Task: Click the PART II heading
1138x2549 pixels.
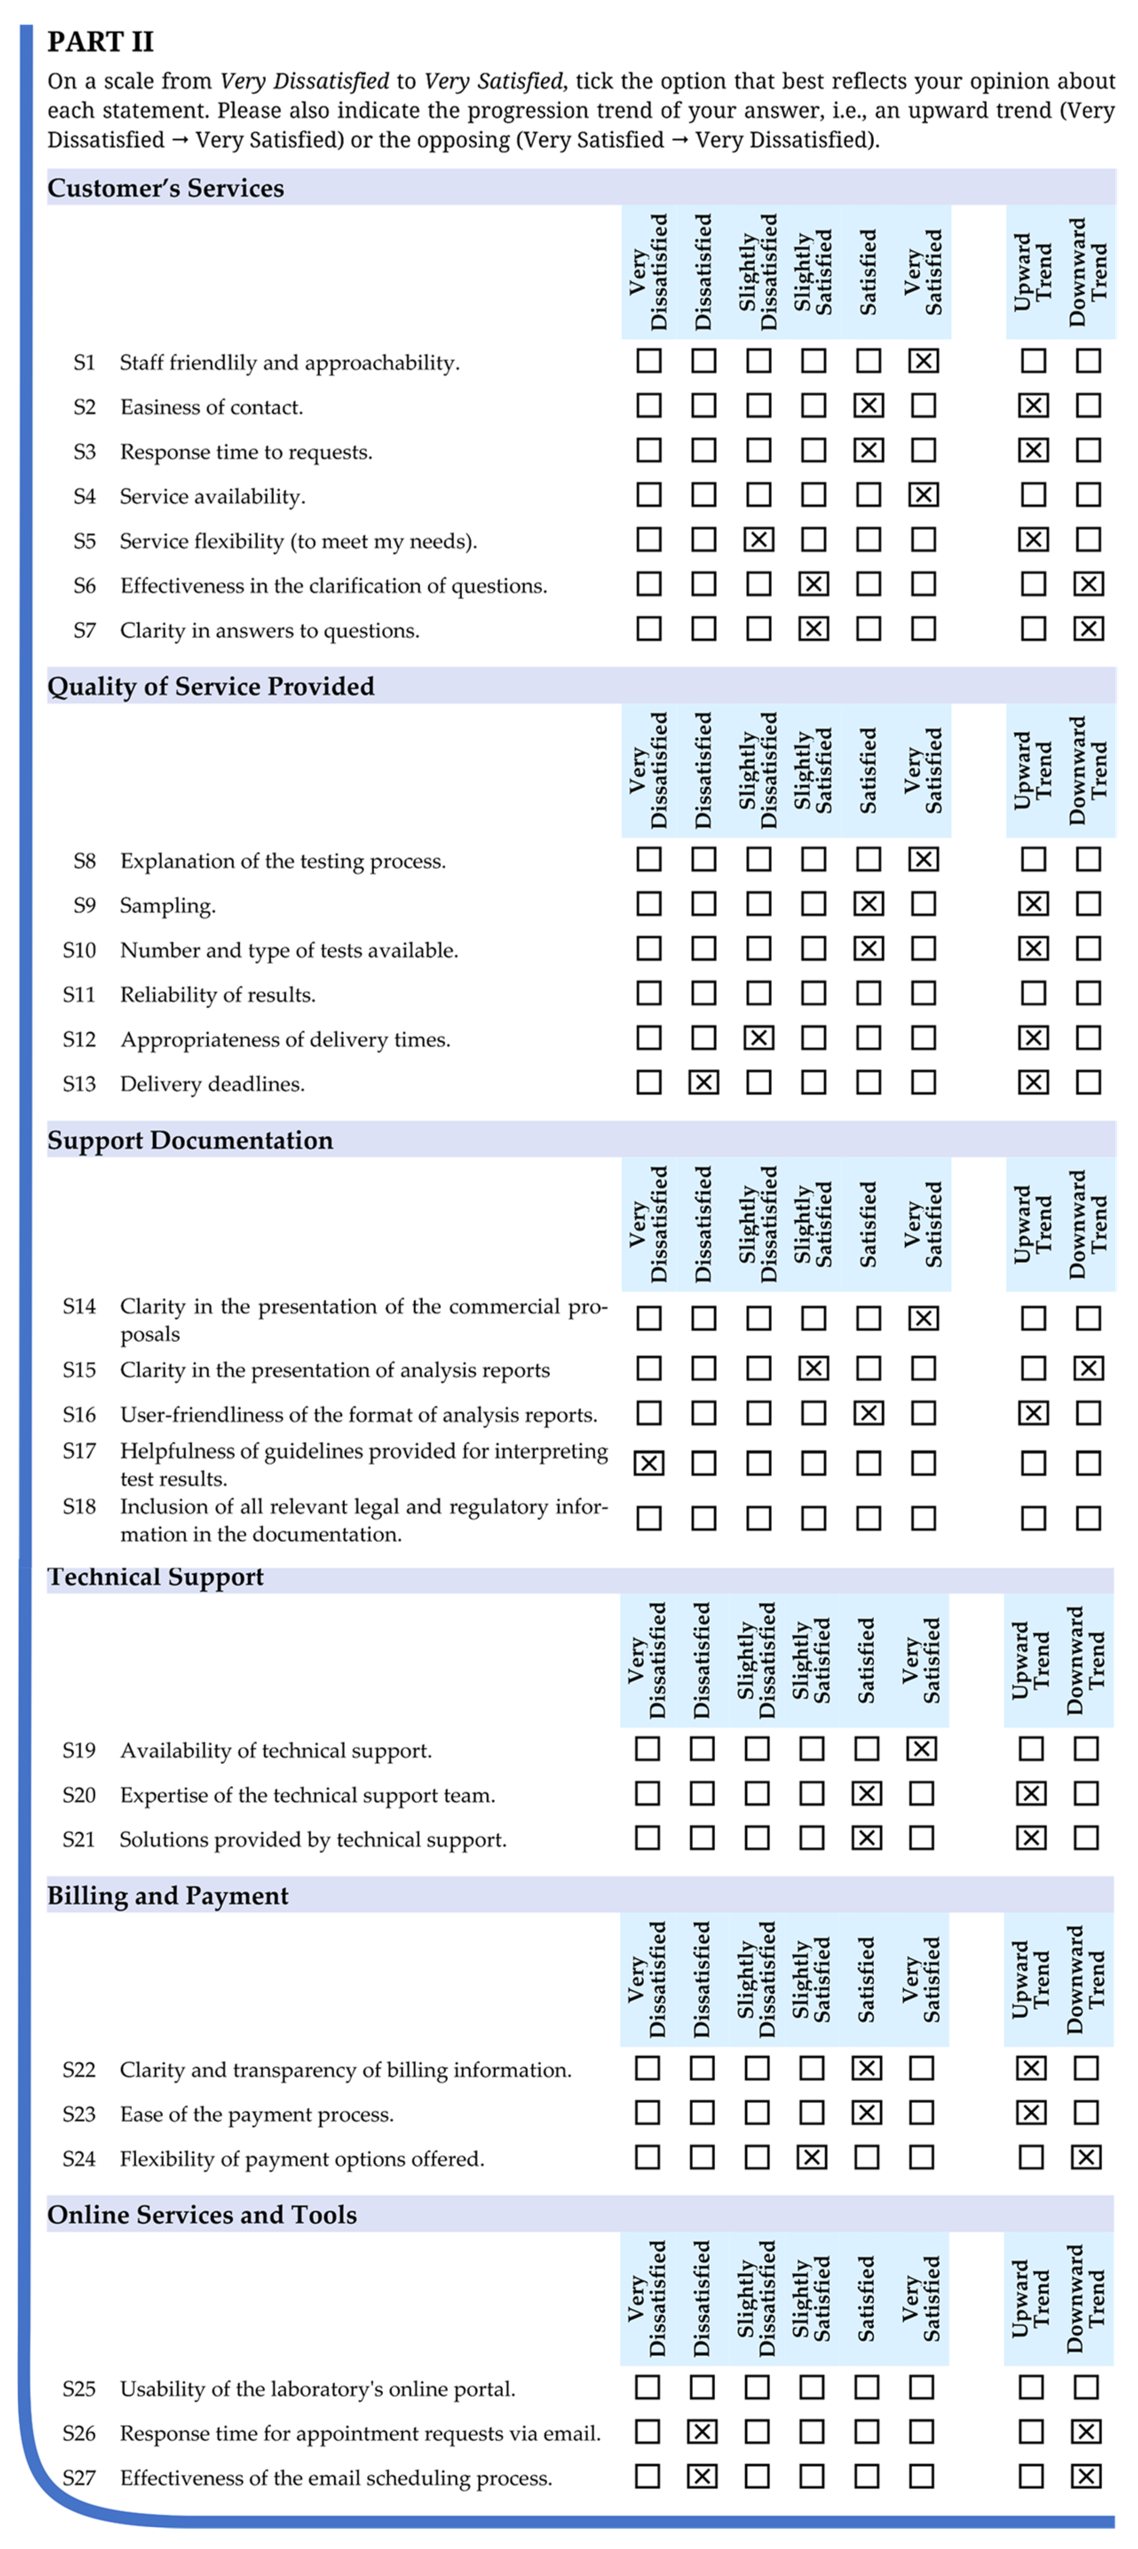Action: click(x=100, y=42)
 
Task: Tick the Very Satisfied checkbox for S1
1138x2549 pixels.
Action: click(x=923, y=361)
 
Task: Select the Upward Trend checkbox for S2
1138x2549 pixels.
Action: click(x=1033, y=406)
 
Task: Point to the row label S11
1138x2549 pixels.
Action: click(x=79, y=994)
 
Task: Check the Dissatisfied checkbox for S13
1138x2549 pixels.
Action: click(x=703, y=1082)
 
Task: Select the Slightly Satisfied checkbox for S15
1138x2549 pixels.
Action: click(x=814, y=1369)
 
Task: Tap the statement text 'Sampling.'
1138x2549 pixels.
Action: click(x=167, y=905)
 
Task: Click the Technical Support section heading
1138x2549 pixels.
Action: click(x=155, y=1577)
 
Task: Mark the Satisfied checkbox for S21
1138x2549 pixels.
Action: click(x=867, y=1839)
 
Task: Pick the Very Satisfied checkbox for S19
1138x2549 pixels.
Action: click(x=921, y=1749)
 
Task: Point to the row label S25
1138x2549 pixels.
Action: click(x=79, y=2389)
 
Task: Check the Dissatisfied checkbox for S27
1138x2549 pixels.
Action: click(x=702, y=2477)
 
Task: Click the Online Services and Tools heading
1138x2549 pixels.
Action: click(x=202, y=2214)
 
